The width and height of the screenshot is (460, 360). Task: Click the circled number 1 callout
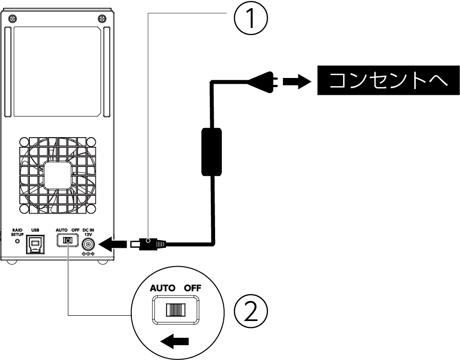point(251,18)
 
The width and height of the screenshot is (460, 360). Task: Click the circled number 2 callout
point(251,311)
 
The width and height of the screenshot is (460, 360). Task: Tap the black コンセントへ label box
point(388,80)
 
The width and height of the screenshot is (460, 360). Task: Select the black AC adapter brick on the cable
point(211,152)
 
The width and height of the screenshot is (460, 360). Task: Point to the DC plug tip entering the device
point(135,244)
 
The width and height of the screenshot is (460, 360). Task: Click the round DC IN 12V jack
point(88,244)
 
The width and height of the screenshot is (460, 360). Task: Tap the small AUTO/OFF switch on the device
point(67,241)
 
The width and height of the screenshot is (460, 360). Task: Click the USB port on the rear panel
point(35,244)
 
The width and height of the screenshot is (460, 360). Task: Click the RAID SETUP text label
point(17,232)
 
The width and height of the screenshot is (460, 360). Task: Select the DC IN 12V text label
point(88,232)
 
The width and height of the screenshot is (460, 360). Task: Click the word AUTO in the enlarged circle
point(163,288)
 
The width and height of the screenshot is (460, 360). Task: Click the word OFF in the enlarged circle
point(192,288)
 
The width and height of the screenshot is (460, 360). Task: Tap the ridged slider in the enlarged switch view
point(176,309)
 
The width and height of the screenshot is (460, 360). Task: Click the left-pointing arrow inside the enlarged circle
point(175,341)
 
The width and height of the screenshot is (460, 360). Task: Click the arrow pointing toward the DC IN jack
point(113,244)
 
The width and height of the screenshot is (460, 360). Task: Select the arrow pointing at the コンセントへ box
point(297,81)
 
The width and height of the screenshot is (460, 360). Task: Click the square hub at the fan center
point(58,175)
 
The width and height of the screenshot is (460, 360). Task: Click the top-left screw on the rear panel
point(12,18)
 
